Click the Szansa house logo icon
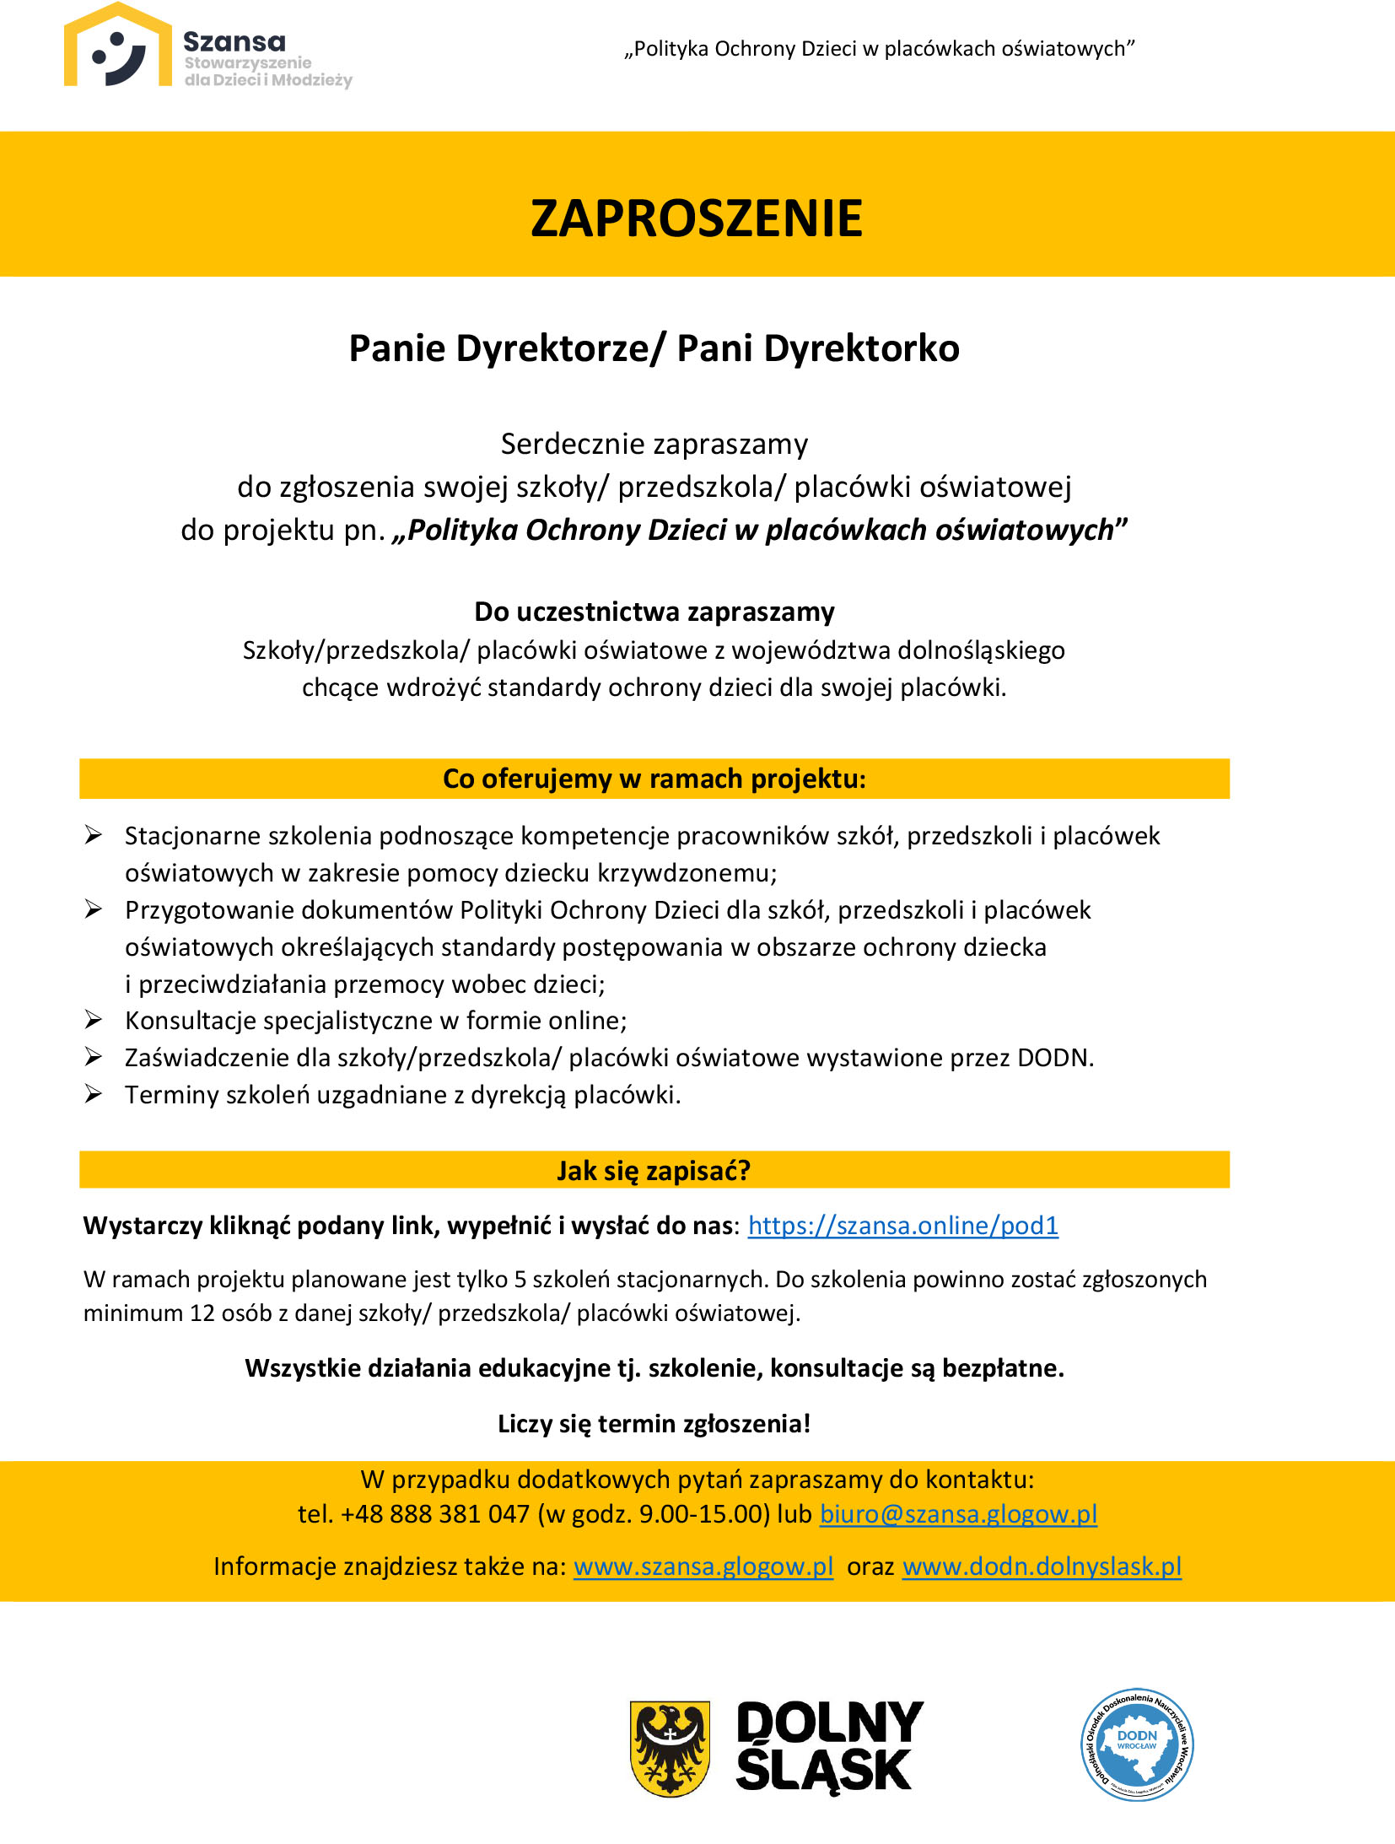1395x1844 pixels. [x=118, y=47]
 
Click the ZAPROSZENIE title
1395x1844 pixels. [x=697, y=218]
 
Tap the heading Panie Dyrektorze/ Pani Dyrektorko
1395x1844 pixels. [x=654, y=348]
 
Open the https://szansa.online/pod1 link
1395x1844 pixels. [x=902, y=1226]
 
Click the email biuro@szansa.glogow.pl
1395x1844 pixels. [x=958, y=1514]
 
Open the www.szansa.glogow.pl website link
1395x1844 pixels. [x=703, y=1566]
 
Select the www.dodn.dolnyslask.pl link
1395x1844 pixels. [x=1042, y=1566]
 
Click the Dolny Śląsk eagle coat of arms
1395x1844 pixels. [x=670, y=1748]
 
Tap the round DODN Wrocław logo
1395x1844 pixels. [x=1136, y=1744]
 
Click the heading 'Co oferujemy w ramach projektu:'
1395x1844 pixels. [x=654, y=779]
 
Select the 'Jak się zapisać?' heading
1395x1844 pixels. [x=654, y=1171]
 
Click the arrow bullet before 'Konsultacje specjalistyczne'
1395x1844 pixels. [x=93, y=1021]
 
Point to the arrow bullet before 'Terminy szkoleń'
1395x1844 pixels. [x=93, y=1095]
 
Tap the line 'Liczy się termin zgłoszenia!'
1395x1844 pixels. [x=654, y=1424]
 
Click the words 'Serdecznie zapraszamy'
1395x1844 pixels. [x=654, y=444]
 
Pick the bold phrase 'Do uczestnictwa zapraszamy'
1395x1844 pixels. [x=654, y=612]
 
